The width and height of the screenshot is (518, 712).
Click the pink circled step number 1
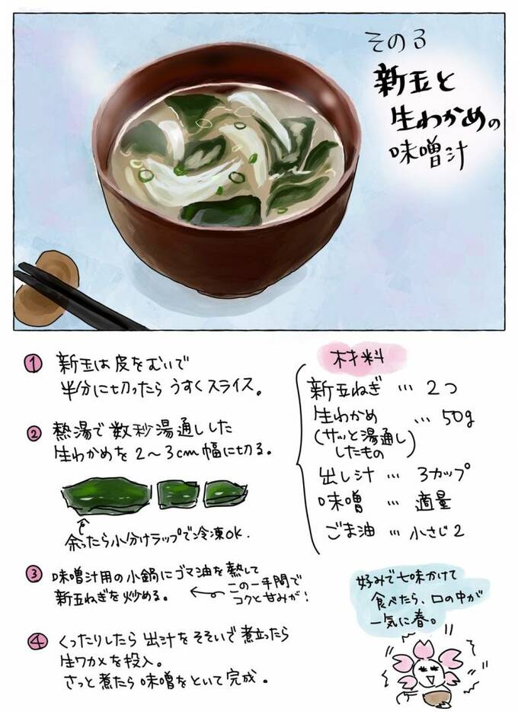33,364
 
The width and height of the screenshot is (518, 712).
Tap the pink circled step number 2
34,434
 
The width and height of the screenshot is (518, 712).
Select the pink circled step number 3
34,575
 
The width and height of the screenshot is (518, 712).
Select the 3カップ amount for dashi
443,473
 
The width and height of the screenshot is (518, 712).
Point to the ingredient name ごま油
351,531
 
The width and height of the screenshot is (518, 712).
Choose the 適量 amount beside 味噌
433,502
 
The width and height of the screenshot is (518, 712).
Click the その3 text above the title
395,40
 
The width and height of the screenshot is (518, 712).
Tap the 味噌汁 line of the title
428,155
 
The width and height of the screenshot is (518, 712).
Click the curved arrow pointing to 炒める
207,592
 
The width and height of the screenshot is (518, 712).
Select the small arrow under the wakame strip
82,524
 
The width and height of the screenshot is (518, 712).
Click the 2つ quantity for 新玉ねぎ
441,387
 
